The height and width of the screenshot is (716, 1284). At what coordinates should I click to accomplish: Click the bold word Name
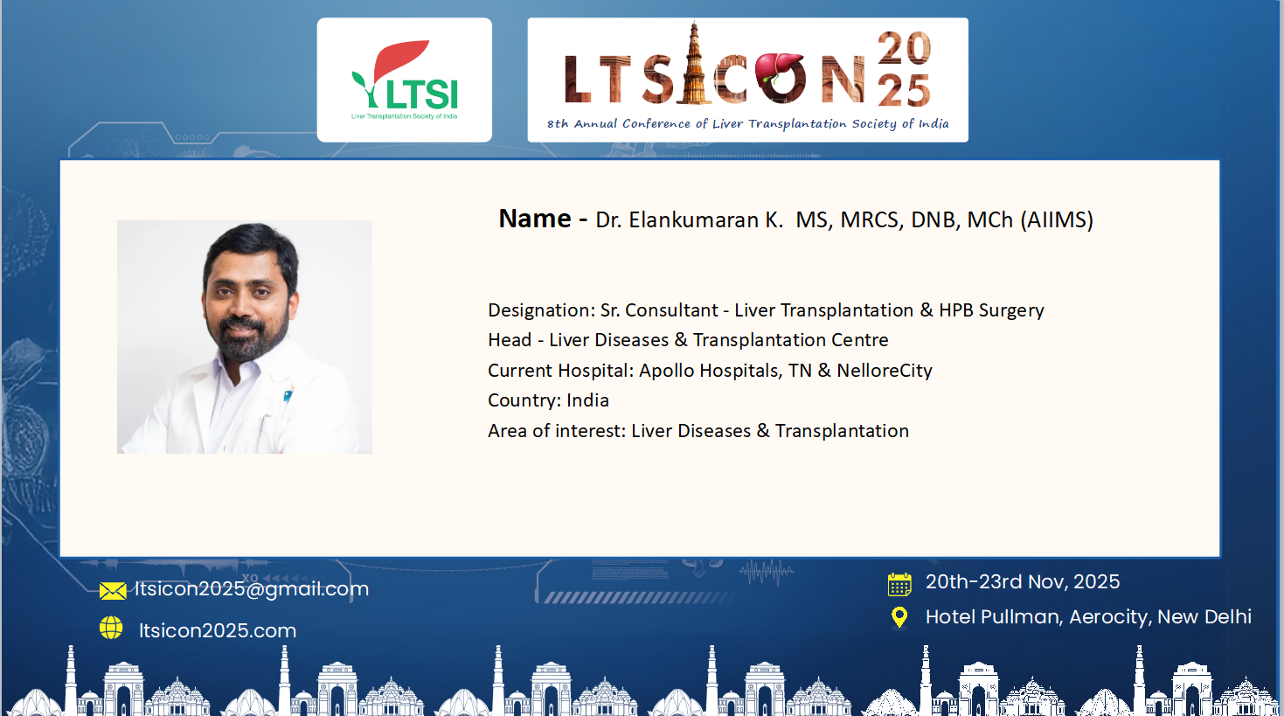coord(535,219)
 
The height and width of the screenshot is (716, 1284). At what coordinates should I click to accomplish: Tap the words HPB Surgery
coord(991,310)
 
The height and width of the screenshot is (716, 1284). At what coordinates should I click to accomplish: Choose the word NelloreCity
coord(885,371)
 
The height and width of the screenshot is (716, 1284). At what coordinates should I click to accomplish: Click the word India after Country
coord(587,400)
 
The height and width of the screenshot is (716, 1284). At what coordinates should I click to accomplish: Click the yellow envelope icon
coord(113,591)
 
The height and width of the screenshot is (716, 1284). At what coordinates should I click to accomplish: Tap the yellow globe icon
coord(111,628)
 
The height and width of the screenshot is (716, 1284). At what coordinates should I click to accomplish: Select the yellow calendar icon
coord(899,584)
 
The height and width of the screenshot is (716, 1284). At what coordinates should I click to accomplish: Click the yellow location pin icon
coord(899,618)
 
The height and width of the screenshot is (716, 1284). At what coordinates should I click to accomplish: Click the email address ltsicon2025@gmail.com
coord(252,589)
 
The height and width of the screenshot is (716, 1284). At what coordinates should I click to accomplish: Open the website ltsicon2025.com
coord(218,630)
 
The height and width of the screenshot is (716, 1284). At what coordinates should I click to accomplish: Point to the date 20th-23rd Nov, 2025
coord(1023,582)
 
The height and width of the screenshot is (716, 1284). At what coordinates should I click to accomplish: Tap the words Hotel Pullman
coord(995,617)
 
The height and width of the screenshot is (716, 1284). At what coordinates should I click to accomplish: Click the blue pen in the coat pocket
coord(288,394)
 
